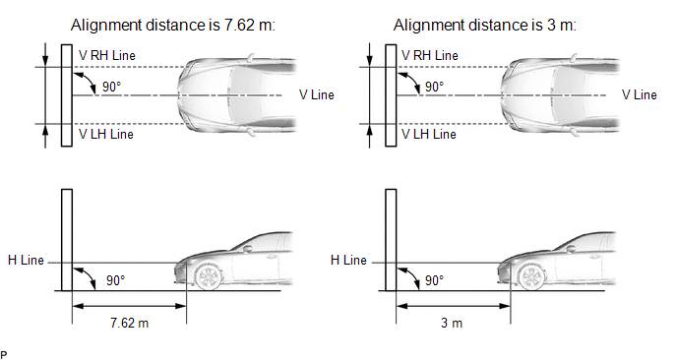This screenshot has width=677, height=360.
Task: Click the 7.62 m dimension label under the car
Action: (129, 323)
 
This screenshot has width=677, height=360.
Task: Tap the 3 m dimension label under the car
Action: (452, 323)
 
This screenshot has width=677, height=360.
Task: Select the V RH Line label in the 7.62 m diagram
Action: (107, 56)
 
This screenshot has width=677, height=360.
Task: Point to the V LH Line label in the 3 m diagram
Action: (429, 134)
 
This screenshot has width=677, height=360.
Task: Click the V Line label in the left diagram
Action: (317, 95)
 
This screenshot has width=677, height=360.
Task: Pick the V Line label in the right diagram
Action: (639, 95)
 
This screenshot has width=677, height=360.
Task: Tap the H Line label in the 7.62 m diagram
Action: (26, 260)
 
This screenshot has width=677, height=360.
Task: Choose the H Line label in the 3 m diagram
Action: (348, 260)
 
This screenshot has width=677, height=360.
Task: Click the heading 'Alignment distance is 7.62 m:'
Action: (173, 25)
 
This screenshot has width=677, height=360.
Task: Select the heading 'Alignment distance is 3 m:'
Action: (484, 25)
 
